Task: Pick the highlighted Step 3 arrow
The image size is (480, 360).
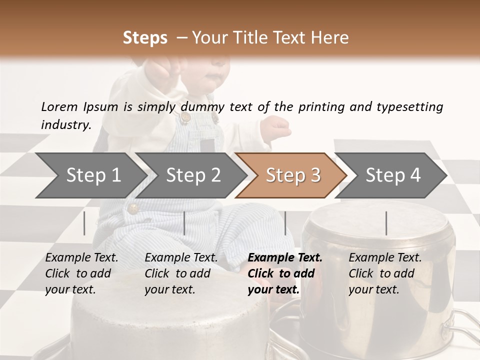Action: (x=291, y=175)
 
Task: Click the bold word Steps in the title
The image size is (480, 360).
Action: (x=145, y=38)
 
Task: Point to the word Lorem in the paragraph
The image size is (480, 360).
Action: (x=59, y=106)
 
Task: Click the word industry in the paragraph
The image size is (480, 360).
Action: (x=66, y=125)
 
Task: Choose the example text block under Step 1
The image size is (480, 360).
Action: (x=81, y=273)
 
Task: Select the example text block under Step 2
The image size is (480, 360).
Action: (x=181, y=273)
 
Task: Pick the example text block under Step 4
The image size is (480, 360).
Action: (x=385, y=273)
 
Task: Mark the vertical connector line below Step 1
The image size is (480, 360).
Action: (x=84, y=223)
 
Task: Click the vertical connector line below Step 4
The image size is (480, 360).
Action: (x=386, y=223)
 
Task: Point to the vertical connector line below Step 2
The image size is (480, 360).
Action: (x=184, y=223)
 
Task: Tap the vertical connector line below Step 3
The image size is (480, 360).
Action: (x=285, y=223)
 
